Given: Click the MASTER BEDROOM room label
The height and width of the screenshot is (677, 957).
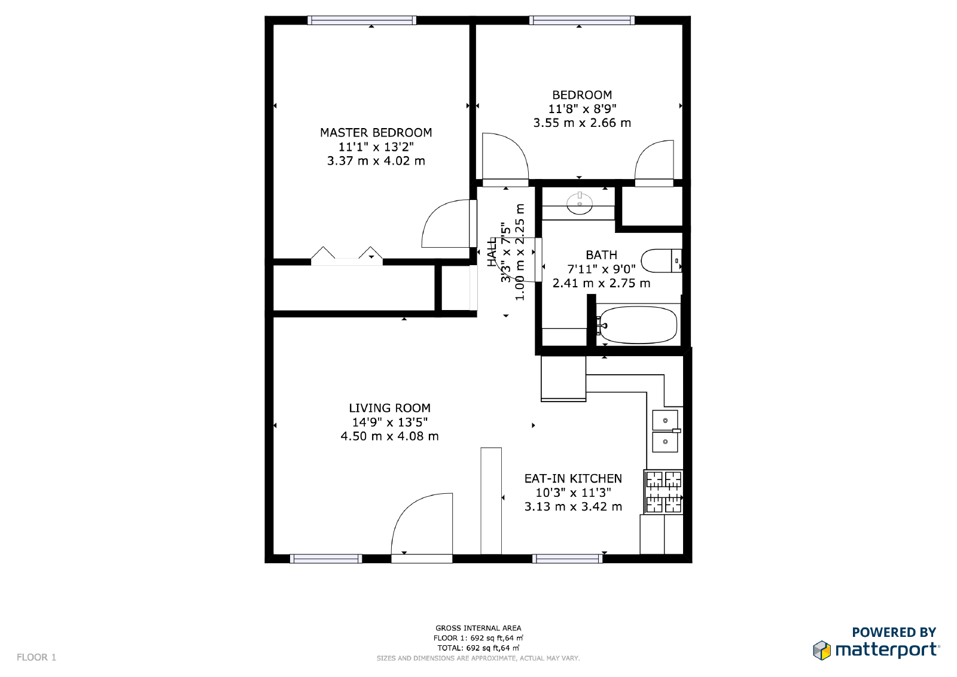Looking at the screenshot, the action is pyautogui.click(x=376, y=132).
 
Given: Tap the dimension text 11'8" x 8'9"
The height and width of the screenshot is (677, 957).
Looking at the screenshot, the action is pyautogui.click(x=582, y=108).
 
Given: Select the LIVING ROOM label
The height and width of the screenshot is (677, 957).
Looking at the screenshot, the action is pyautogui.click(x=389, y=408).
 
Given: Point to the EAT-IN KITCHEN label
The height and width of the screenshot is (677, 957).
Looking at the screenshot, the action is pyautogui.click(x=573, y=478).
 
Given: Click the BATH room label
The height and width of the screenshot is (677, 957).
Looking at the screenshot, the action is pyautogui.click(x=601, y=255).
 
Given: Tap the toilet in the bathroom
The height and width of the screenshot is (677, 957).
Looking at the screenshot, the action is pyautogui.click(x=661, y=260).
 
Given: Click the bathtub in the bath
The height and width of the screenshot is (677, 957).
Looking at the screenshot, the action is pyautogui.click(x=638, y=325).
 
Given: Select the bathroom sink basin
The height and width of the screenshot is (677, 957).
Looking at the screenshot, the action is pyautogui.click(x=580, y=204).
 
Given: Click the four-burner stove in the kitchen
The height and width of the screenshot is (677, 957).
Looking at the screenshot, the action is pyautogui.click(x=663, y=492).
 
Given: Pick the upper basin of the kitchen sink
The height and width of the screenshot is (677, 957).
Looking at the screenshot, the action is pyautogui.click(x=665, y=420).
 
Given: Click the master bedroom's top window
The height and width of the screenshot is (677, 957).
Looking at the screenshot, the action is pyautogui.click(x=362, y=20).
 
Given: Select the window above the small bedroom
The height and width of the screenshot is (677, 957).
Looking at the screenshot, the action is pyautogui.click(x=582, y=20).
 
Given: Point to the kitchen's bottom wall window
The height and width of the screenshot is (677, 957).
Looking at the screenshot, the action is pyautogui.click(x=568, y=558).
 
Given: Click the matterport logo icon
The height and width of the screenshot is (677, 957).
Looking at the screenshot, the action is pyautogui.click(x=822, y=650).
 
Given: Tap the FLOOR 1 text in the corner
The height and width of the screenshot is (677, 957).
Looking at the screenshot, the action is pyautogui.click(x=36, y=657).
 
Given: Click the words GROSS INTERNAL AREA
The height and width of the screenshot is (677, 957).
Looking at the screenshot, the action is pyautogui.click(x=478, y=629).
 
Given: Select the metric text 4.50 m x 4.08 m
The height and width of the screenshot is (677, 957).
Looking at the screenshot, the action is pyautogui.click(x=389, y=436).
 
